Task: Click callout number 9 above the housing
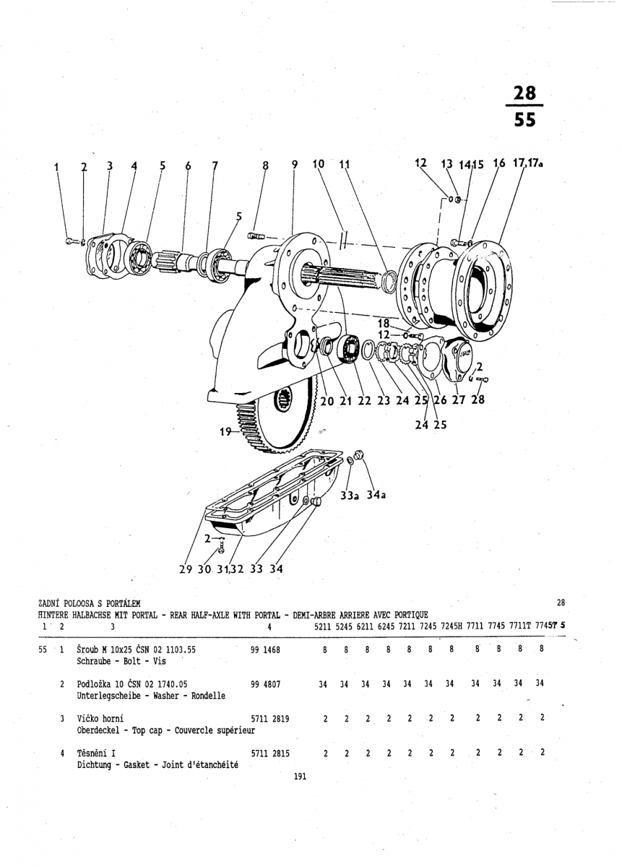295,165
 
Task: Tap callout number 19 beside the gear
225,433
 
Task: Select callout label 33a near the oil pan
350,495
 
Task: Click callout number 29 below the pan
186,569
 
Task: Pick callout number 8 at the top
265,165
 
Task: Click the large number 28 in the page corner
524,93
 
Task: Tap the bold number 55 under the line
524,120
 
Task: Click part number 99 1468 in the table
265,650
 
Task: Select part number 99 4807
265,684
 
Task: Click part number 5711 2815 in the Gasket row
270,753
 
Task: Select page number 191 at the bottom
301,777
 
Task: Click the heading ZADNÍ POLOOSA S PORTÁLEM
89,603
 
